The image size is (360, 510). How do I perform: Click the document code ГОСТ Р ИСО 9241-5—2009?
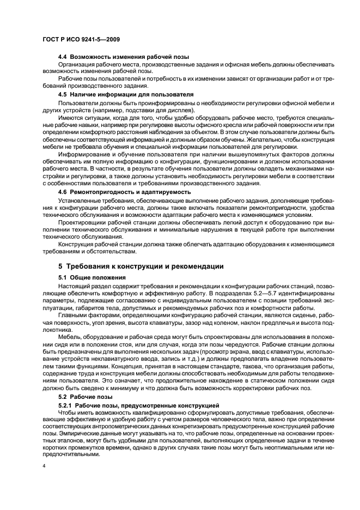pos(81,40)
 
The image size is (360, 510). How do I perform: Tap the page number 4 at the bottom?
pos(44,466)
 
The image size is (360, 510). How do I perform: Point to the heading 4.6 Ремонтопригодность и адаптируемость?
pos(125,192)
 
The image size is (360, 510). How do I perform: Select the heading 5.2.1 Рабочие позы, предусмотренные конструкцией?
pos(138,405)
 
